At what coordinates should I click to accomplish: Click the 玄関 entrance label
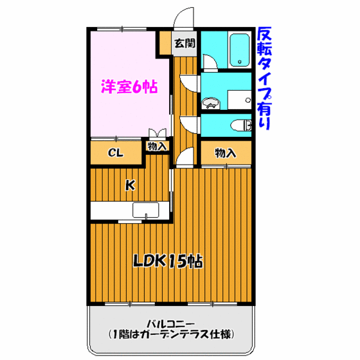point(185,44)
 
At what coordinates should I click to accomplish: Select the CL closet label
point(115,153)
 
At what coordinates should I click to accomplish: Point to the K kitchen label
point(130,185)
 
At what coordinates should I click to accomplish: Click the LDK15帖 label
point(168,261)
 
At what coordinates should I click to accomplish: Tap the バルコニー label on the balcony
point(170,323)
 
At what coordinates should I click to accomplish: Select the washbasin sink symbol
point(211,103)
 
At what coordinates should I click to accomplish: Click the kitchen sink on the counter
point(145,210)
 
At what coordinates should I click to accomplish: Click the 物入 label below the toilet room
point(224,153)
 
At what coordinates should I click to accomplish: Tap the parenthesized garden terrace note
point(170,334)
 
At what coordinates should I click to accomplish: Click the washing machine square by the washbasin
point(239,100)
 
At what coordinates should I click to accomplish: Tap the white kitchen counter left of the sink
point(111,210)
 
